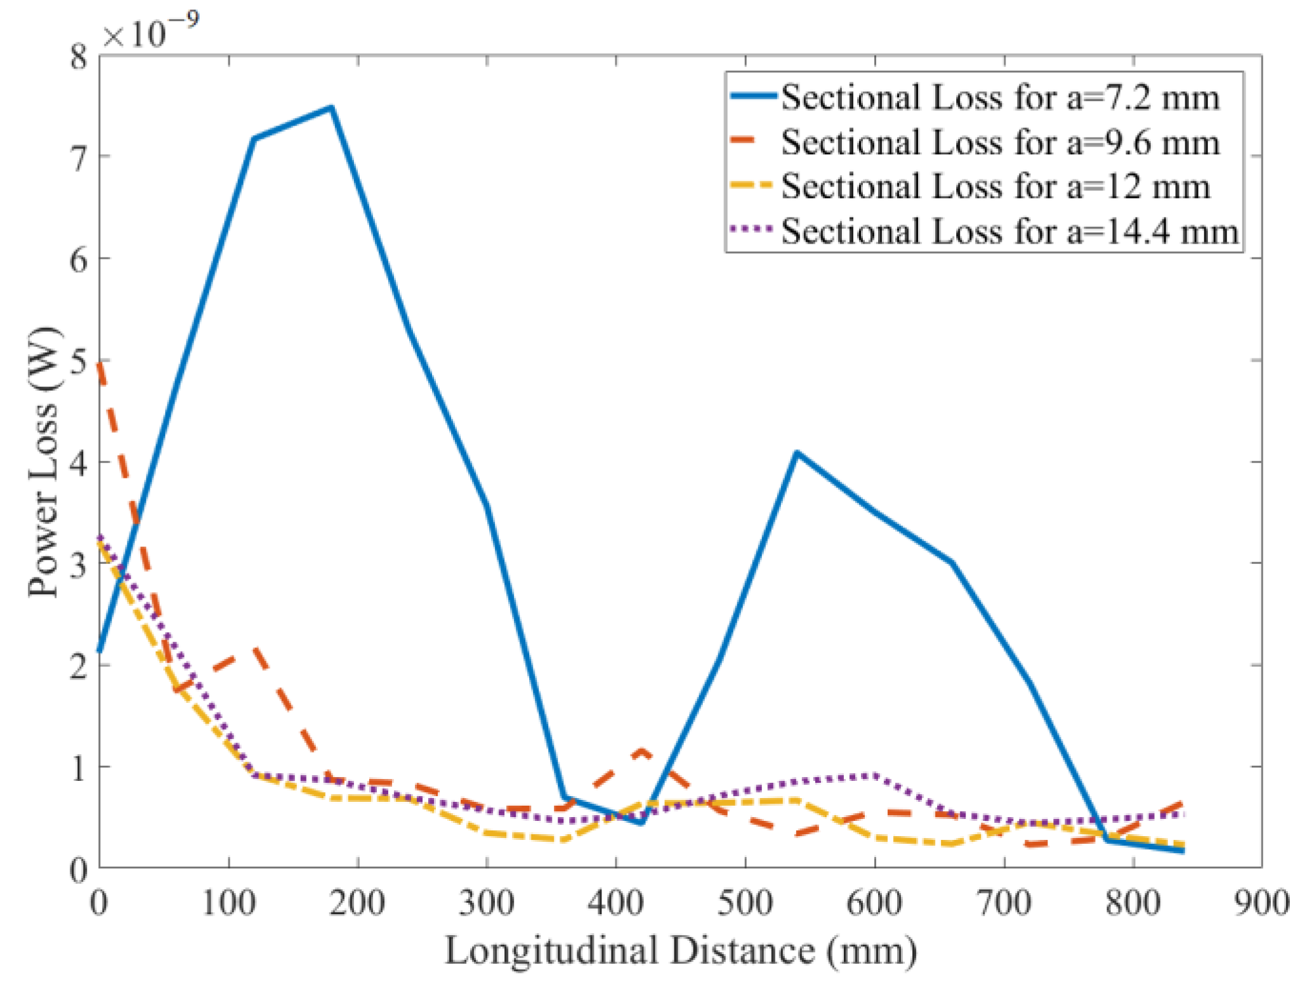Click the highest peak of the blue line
click(x=331, y=108)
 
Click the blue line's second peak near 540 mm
click(x=797, y=453)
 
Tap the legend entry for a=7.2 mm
click(x=999, y=98)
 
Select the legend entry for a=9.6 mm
click(x=999, y=142)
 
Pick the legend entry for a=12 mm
click(x=995, y=187)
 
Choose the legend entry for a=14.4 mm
click(x=1009, y=231)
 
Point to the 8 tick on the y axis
click(x=79, y=57)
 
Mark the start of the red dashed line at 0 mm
click(x=100, y=364)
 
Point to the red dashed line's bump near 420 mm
click(x=642, y=752)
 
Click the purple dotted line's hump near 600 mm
click(x=874, y=775)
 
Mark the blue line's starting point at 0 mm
click(x=100, y=651)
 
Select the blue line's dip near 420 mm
click(x=641, y=823)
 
